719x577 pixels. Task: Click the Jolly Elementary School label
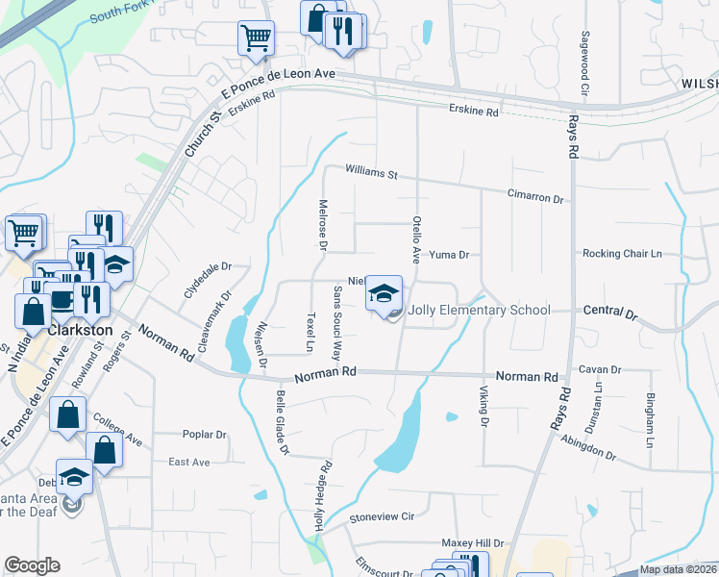(x=479, y=310)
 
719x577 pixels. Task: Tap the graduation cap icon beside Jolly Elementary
(x=384, y=293)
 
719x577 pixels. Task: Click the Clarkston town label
(x=80, y=330)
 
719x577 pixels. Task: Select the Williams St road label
(x=372, y=174)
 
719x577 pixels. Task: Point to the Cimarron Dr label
(x=534, y=196)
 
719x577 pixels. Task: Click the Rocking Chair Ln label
(x=622, y=254)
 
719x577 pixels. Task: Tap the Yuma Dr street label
(x=448, y=255)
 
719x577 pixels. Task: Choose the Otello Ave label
(x=416, y=239)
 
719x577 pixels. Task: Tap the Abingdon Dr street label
(x=590, y=447)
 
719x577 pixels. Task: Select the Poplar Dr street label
(x=204, y=434)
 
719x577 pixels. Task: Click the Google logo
(x=33, y=565)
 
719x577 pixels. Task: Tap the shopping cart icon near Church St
(x=256, y=39)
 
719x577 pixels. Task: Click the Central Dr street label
(x=610, y=313)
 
